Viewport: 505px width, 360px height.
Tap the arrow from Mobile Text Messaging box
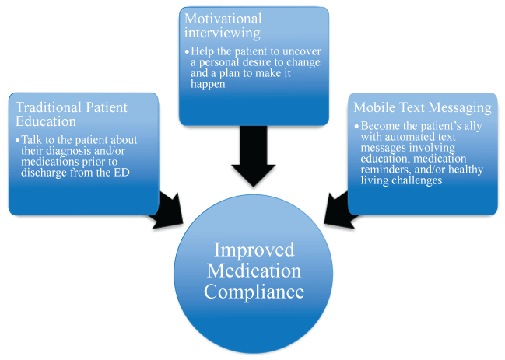point(340,206)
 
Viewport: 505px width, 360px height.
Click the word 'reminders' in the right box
point(384,169)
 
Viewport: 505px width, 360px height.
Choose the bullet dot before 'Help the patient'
point(187,52)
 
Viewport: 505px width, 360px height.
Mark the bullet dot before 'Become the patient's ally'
point(356,125)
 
